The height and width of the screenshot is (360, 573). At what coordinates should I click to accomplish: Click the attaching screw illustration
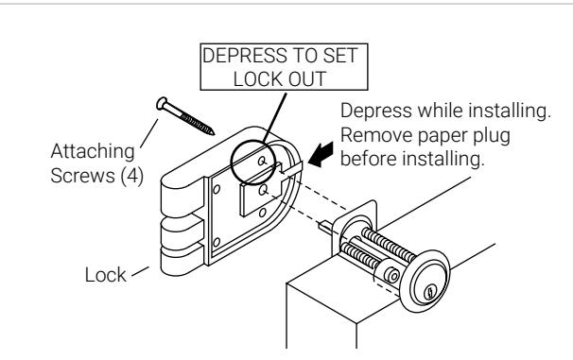[185, 115]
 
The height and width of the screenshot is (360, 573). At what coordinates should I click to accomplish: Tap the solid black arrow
[321, 155]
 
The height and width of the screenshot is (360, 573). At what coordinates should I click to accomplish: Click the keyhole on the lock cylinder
[430, 292]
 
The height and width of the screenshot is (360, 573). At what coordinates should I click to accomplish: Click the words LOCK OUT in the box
[280, 78]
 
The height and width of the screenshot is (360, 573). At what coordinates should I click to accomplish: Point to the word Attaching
[93, 151]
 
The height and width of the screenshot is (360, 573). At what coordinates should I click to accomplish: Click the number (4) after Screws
[132, 176]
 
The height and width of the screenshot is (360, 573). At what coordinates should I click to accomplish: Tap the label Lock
[106, 275]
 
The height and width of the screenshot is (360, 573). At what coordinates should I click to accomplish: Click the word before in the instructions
[362, 159]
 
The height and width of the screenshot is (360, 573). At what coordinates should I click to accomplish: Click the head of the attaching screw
[162, 103]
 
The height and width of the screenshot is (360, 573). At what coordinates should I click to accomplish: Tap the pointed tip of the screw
[213, 133]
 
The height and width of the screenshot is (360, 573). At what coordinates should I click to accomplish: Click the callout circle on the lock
[231, 163]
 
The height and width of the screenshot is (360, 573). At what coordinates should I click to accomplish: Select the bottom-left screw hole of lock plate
[217, 242]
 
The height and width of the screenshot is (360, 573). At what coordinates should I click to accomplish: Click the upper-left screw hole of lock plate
[217, 189]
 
